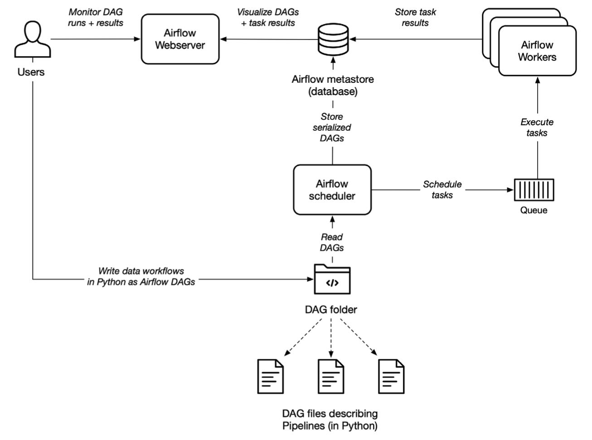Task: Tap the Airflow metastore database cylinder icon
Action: click(x=333, y=39)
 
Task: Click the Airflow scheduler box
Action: click(x=332, y=190)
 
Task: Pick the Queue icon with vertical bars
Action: click(x=534, y=190)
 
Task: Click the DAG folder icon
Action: click(x=332, y=279)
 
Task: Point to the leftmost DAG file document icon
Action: click(x=271, y=376)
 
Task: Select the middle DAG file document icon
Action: click(x=331, y=376)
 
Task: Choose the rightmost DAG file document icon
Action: click(x=391, y=376)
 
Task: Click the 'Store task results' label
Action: click(x=415, y=17)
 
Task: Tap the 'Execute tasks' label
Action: click(x=537, y=127)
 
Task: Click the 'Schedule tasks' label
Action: click(x=442, y=190)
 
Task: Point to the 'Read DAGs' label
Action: click(x=332, y=242)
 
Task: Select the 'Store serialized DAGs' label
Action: click(x=332, y=127)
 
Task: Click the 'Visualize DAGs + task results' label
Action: click(x=268, y=17)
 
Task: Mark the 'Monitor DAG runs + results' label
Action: click(x=96, y=17)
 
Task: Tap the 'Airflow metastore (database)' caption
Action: click(x=333, y=85)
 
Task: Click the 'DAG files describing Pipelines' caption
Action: click(x=330, y=419)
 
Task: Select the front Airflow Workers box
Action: click(x=537, y=51)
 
